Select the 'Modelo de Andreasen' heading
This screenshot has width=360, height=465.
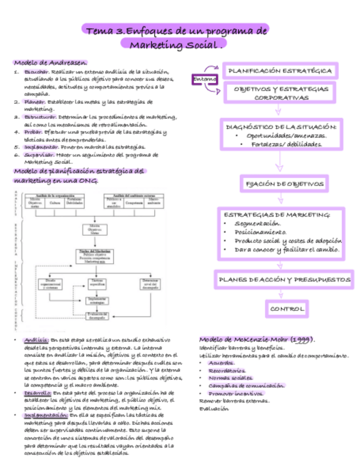coord(50,63)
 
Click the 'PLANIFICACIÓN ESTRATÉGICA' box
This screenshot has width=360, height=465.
coord(280,71)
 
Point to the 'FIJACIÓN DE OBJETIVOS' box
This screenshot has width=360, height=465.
coord(284,184)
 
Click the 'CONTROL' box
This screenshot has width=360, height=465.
coord(287,309)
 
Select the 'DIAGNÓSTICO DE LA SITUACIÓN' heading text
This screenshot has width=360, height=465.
coord(281,127)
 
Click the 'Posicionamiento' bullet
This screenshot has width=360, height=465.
coord(260,232)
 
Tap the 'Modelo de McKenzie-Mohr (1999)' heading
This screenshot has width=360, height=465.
coord(257,339)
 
